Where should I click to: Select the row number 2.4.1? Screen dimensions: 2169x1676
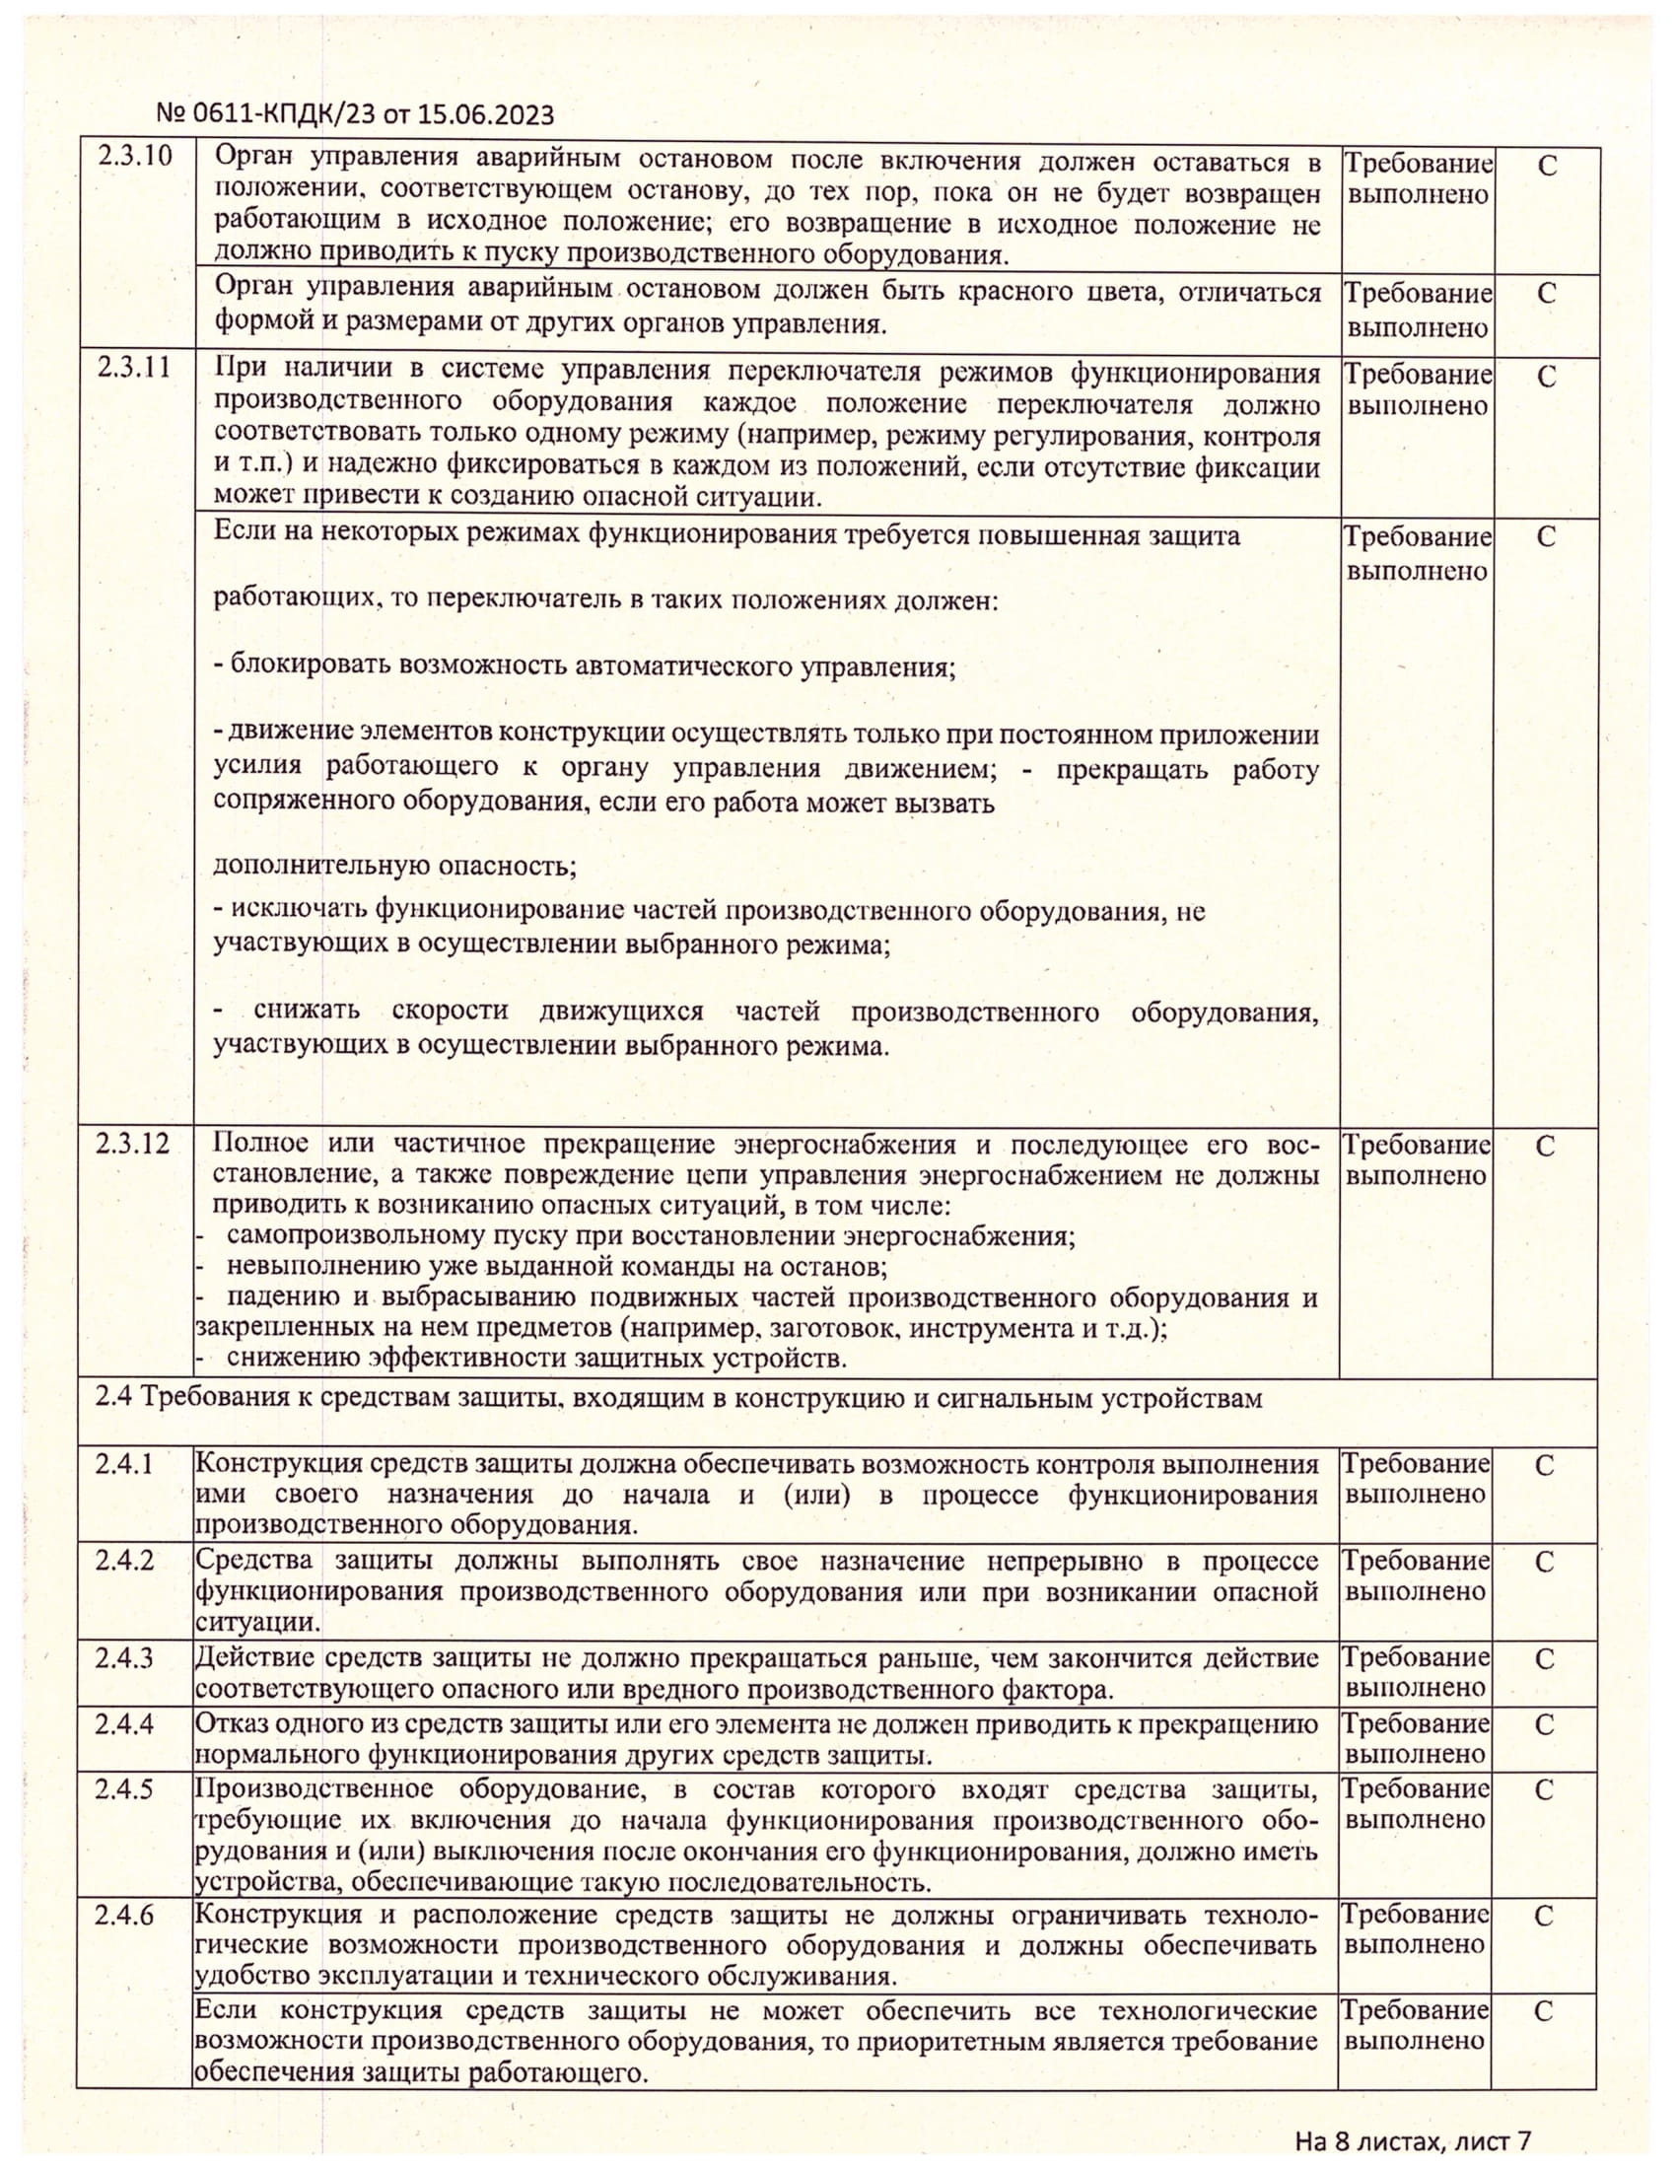pyautogui.click(x=124, y=1464)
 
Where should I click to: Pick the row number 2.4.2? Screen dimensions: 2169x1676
pyautogui.click(x=124, y=1561)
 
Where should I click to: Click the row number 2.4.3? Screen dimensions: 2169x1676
pyautogui.click(x=124, y=1657)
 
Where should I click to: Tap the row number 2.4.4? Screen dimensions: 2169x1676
pyautogui.click(x=124, y=1723)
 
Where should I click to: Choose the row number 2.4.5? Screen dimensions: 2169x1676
pyautogui.click(x=124, y=1788)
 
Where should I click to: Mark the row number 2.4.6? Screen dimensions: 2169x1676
pyautogui.click(x=124, y=1914)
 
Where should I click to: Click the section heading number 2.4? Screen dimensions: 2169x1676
pyautogui.click(x=114, y=1398)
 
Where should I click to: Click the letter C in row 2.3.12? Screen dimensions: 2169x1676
pyautogui.click(x=1545, y=1146)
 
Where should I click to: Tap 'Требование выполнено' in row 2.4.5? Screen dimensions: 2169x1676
pyautogui.click(x=1416, y=1803)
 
